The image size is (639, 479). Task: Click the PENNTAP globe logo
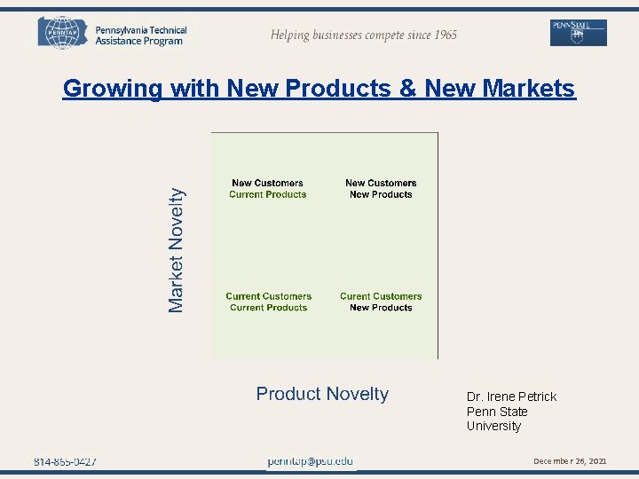coord(64,33)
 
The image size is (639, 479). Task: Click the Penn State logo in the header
coord(579,32)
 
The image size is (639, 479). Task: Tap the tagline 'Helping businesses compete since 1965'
coord(364,35)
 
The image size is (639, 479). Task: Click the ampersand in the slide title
coord(407,89)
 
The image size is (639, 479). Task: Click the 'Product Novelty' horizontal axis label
coord(322,394)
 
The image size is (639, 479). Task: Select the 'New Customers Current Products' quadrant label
coord(267,189)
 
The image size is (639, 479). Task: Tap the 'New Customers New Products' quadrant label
coord(381,189)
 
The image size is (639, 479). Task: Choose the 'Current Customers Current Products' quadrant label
coord(268,302)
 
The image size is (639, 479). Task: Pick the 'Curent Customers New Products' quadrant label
coord(381,302)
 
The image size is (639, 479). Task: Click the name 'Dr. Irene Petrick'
coord(511,397)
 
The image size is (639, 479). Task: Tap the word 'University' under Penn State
coord(493,426)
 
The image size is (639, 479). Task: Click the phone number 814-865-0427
coord(66,461)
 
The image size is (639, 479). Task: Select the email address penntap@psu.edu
coord(311,461)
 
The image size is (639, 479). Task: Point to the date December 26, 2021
coord(570,461)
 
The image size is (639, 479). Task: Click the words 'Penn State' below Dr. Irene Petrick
coord(497,412)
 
